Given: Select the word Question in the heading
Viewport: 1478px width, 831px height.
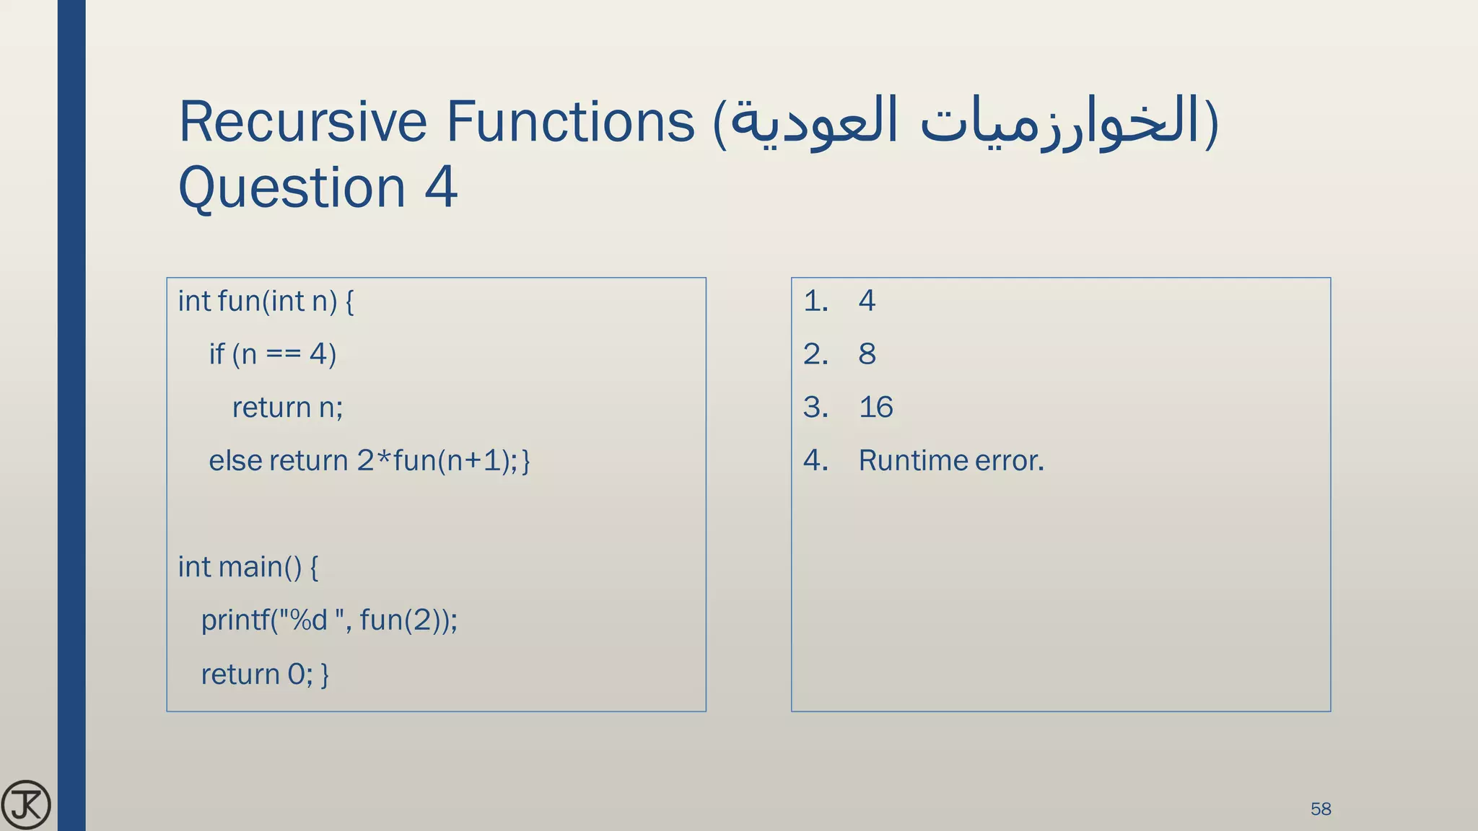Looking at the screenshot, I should (292, 188).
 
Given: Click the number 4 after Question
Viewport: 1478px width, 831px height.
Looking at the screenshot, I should (441, 188).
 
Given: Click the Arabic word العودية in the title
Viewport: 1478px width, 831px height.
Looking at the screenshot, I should (815, 121).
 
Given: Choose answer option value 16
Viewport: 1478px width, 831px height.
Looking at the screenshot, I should (875, 408).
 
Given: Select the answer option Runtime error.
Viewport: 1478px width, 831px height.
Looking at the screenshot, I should (951, 461).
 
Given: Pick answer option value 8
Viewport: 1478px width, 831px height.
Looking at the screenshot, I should (867, 354).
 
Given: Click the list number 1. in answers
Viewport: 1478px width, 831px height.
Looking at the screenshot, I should (815, 301).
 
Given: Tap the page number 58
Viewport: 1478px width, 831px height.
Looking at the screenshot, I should (1321, 809).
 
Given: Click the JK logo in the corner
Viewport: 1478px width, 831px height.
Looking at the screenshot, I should (26, 805).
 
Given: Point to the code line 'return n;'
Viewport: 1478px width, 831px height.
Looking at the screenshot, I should (287, 408).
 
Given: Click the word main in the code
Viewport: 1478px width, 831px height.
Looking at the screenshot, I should (250, 567).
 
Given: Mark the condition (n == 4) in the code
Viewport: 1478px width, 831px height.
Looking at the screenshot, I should (284, 354).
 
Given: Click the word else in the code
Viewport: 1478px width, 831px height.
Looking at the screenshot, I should (235, 461).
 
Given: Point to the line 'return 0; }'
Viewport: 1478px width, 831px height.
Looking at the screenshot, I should (265, 674).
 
